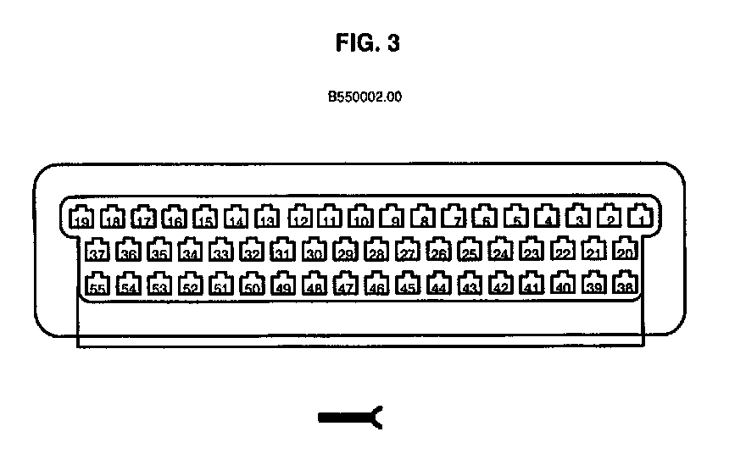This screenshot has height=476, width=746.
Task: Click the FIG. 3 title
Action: pyautogui.click(x=367, y=45)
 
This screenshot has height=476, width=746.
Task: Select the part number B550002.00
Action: pyautogui.click(x=365, y=97)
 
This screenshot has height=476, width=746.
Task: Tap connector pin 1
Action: pyautogui.click(x=641, y=218)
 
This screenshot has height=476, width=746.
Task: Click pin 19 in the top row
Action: pyautogui.click(x=81, y=218)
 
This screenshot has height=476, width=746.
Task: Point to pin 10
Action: pyautogui.click(x=361, y=218)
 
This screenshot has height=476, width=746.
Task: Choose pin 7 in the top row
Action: pyautogui.click(x=455, y=218)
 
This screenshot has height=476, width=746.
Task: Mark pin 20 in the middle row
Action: pyautogui.click(x=625, y=250)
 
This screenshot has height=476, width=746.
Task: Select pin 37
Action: pyautogui.click(x=97, y=250)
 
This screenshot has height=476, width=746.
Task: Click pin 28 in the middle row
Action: pyautogui.click(x=376, y=250)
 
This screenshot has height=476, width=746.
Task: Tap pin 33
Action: pyautogui.click(x=221, y=250)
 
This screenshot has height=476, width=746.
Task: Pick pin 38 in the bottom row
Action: pyautogui.click(x=626, y=284)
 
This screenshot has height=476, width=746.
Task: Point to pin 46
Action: pyautogui.click(x=377, y=284)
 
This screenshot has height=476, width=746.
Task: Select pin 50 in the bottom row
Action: pyautogui.click(x=252, y=284)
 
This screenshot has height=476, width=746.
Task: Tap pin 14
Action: pyautogui.click(x=237, y=218)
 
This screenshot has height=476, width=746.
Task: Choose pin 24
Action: pyautogui.click(x=501, y=250)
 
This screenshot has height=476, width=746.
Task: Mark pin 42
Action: pyautogui.click(x=501, y=284)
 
